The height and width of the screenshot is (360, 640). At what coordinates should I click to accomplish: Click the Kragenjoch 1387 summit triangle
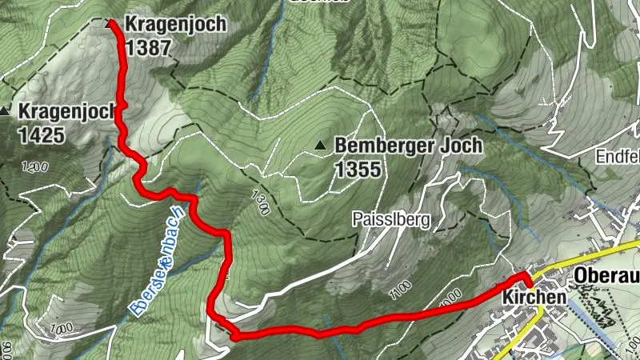click(110, 24)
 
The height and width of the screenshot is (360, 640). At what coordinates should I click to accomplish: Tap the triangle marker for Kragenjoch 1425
click(6, 110)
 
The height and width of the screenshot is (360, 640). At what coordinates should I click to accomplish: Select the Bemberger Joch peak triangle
click(321, 146)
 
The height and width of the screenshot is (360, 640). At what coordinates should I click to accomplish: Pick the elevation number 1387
click(149, 47)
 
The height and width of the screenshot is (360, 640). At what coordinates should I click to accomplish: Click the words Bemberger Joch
click(409, 146)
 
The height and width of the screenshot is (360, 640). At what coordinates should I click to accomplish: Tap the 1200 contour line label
click(35, 166)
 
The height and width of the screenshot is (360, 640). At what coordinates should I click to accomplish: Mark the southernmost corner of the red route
click(234, 337)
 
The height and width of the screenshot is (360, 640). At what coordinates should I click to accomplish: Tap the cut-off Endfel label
click(617, 158)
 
